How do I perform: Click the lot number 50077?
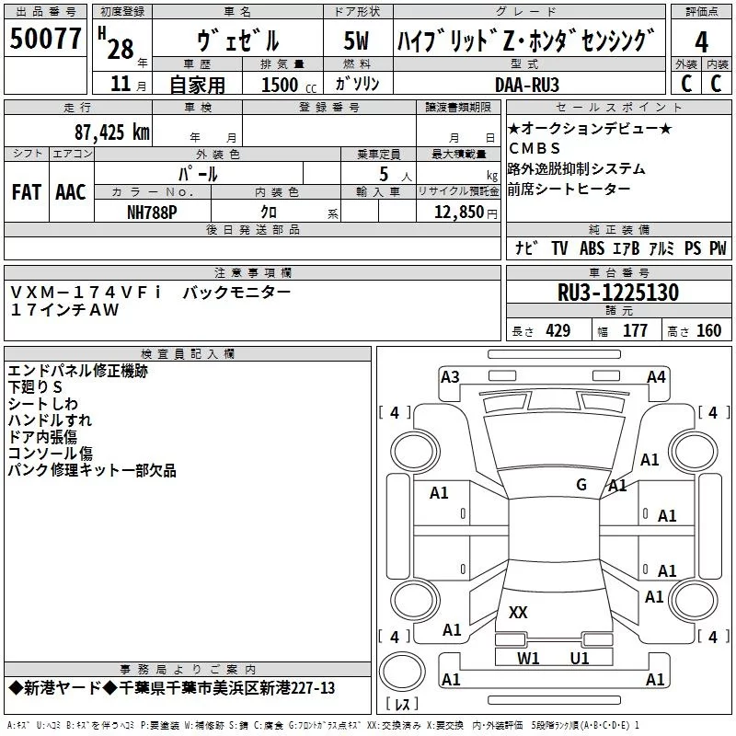[x=46, y=40]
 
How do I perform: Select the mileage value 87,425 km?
[x=111, y=132]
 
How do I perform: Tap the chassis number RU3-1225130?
[x=618, y=293]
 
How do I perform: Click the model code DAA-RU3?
[x=527, y=85]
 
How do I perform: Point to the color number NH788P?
[x=152, y=211]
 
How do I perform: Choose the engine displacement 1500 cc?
[x=280, y=85]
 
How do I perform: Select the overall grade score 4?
[x=701, y=42]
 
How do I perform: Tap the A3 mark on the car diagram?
[x=450, y=376]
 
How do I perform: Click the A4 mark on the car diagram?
[x=656, y=376]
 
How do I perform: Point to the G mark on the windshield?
[x=581, y=485]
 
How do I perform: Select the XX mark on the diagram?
[x=518, y=612]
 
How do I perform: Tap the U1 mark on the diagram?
[x=580, y=658]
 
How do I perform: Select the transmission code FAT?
[x=26, y=192]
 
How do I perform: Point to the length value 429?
[x=558, y=331]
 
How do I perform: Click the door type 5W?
[x=357, y=42]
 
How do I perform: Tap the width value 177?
[x=635, y=331]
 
